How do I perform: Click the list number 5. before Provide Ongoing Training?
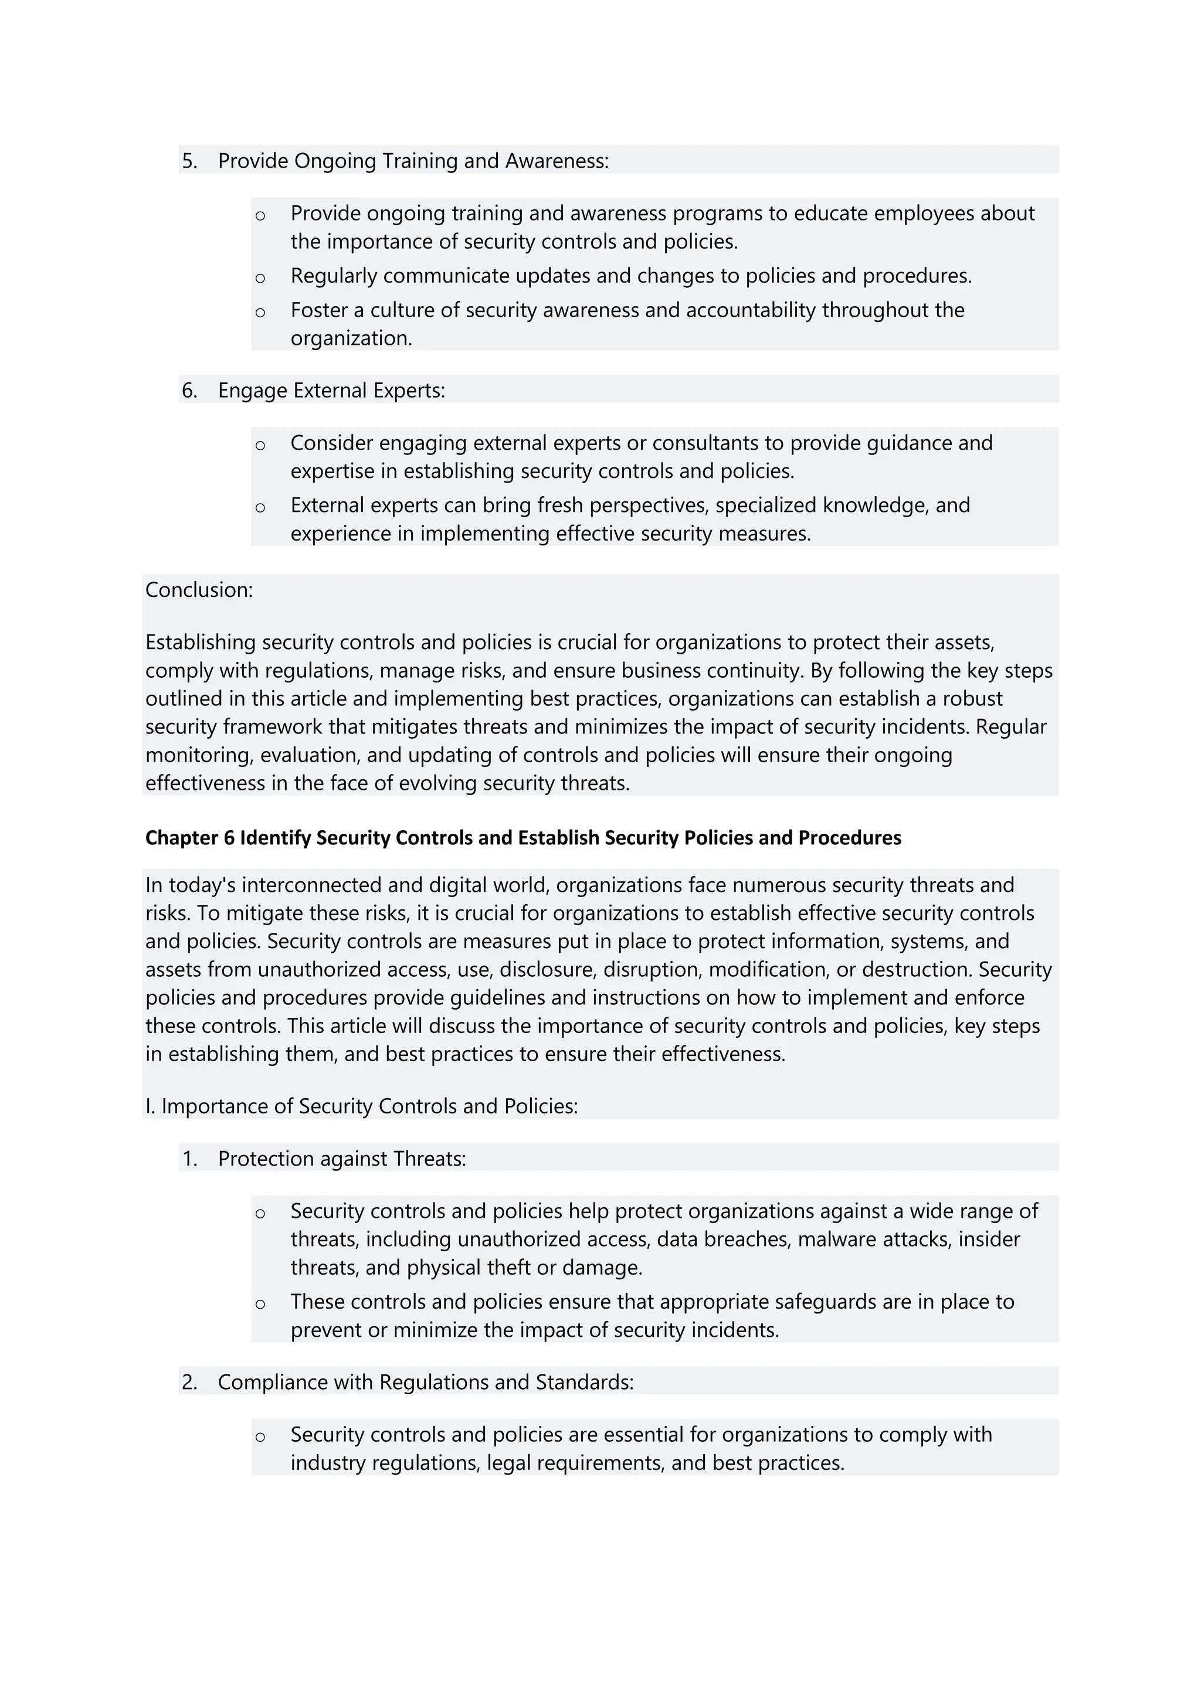[189, 161]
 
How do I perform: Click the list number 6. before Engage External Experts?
[189, 390]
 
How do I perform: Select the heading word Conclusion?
[199, 590]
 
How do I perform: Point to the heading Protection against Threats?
[342, 1159]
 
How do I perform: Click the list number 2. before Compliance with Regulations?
[189, 1382]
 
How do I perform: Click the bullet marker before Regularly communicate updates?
[260, 278]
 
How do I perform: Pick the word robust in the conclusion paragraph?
[972, 699]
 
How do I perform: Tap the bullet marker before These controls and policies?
[260, 1305]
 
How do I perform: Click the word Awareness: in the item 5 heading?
[557, 161]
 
